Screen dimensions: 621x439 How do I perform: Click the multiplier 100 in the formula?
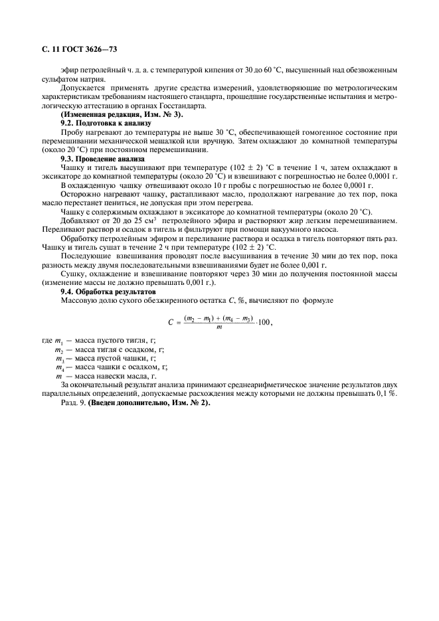click(x=264, y=322)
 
